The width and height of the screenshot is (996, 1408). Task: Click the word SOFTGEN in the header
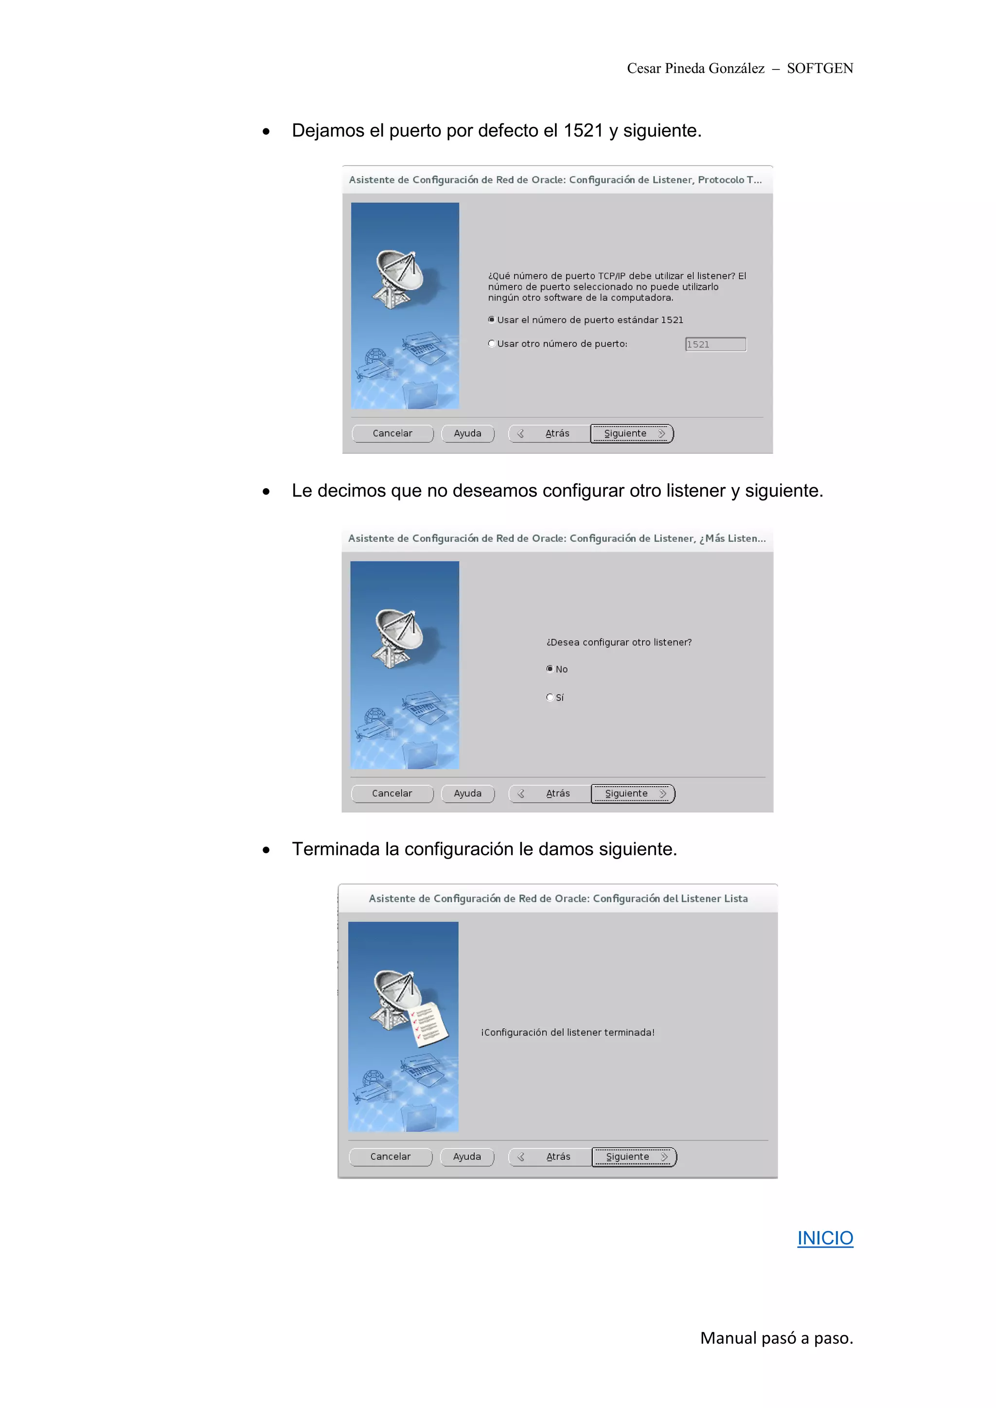tap(819, 68)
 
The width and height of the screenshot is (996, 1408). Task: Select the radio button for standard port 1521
tap(491, 319)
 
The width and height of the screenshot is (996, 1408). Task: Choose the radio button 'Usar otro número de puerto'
tap(491, 343)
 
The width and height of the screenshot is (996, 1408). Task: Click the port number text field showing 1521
tap(715, 344)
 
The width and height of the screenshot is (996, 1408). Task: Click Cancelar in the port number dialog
tap(392, 433)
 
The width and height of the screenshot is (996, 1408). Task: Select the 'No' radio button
tap(550, 669)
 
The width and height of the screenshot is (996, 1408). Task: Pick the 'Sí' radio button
tap(550, 697)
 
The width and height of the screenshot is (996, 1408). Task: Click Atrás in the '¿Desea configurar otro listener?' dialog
tap(550, 793)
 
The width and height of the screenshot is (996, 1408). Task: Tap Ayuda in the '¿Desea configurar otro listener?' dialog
tap(467, 793)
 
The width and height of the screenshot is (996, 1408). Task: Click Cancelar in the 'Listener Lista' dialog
tap(390, 1156)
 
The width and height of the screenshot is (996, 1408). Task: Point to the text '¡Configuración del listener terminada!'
tap(568, 1032)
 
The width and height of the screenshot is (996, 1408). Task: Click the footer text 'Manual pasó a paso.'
tap(777, 1338)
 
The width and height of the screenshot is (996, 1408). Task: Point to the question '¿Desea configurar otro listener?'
tap(618, 642)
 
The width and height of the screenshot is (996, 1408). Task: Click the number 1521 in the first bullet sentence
tap(583, 131)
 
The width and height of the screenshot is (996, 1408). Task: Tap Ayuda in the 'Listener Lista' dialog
tap(467, 1156)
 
